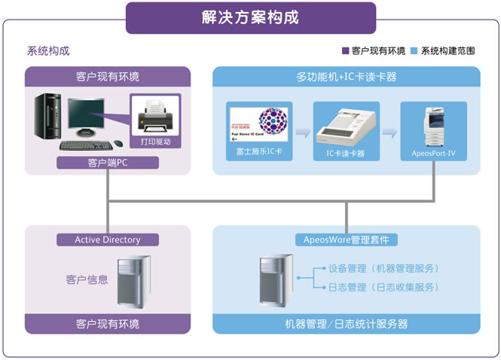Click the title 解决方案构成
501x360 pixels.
[250, 17]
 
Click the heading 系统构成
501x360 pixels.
[48, 51]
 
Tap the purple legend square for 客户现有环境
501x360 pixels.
[346, 51]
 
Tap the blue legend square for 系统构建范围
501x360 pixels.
[414, 51]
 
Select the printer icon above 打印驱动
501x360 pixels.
[156, 117]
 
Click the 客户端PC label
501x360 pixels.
[108, 162]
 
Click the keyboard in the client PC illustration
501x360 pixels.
[84, 145]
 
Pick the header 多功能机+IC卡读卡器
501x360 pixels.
[347, 77]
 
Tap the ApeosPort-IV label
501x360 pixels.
[433, 153]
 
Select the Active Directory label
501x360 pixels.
[108, 239]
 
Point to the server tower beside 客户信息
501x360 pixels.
[134, 282]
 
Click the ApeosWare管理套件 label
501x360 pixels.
[347, 239]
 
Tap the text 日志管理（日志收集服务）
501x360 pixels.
[383, 288]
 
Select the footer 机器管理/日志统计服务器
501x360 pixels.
[347, 324]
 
